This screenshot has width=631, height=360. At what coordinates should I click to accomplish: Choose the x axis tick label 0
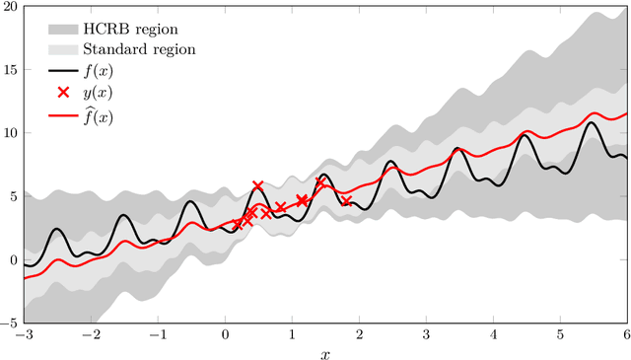click(225, 334)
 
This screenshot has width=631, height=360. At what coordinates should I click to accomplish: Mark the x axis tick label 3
click(426, 334)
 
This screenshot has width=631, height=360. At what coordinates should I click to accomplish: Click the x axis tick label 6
click(626, 334)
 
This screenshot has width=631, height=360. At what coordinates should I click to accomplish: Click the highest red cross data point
click(258, 185)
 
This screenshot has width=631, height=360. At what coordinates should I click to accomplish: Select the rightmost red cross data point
click(346, 201)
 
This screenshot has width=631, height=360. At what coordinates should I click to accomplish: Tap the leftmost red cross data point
click(238, 225)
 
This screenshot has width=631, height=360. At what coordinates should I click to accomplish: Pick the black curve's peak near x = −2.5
click(56, 229)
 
